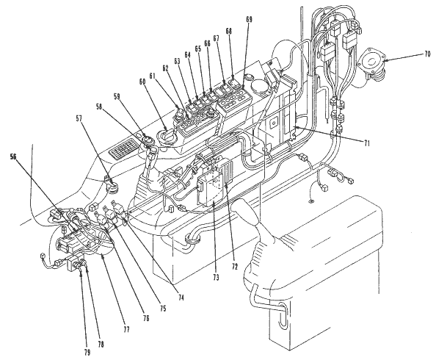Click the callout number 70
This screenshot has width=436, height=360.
point(427,54)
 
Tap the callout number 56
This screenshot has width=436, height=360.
point(13,156)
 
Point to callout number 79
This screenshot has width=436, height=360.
point(87,353)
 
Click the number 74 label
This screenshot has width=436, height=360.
point(181,298)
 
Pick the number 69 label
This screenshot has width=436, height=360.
point(249,19)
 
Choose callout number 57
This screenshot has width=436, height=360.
point(79,119)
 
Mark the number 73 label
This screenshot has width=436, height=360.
point(216,277)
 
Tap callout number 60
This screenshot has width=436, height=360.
point(142,82)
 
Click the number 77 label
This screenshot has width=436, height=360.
point(126,330)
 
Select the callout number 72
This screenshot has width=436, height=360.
point(235,267)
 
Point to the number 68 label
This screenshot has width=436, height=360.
point(228,31)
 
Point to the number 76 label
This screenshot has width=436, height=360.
point(146,318)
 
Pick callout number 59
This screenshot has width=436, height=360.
point(117,97)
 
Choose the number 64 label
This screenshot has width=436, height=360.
point(188,54)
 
